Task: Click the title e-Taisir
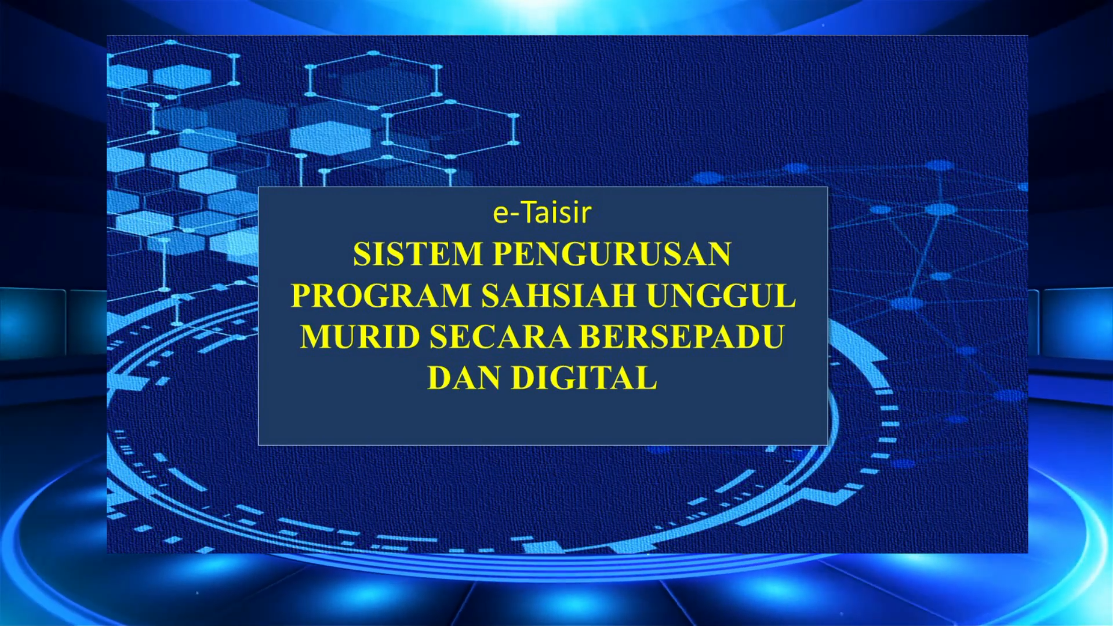point(542,212)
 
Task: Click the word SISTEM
point(418,254)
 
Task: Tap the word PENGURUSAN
point(612,254)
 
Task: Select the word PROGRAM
point(381,295)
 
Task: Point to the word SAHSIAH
point(559,295)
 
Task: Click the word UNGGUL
point(721,295)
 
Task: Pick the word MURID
point(361,337)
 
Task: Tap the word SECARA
point(500,337)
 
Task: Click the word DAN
point(464,378)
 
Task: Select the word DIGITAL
point(584,378)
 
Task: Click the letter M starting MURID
point(317,337)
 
